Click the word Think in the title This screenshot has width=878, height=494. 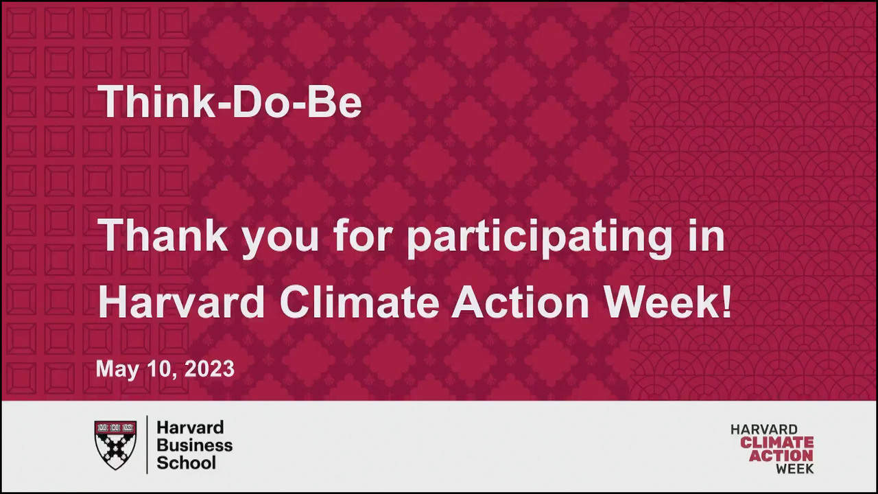click(x=156, y=100)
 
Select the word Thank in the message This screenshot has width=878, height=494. click(x=163, y=235)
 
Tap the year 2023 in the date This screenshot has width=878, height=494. click(x=209, y=369)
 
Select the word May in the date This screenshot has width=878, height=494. click(x=117, y=370)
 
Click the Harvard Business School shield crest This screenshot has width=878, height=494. click(x=116, y=445)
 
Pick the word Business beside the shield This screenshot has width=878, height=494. click(x=194, y=445)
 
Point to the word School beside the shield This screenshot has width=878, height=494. click(x=186, y=463)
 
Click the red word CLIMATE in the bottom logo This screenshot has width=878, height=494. click(x=777, y=443)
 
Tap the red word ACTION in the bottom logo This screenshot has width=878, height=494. click(x=781, y=456)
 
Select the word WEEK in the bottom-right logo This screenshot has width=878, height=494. click(x=794, y=469)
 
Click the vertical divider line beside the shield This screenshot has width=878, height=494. click(x=147, y=444)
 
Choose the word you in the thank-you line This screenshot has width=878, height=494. click(x=280, y=240)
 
